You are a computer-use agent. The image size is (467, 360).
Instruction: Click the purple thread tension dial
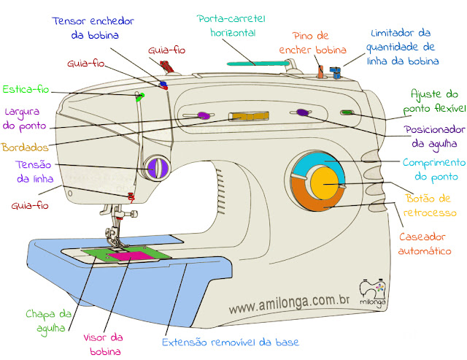pyautogui.click(x=155, y=168)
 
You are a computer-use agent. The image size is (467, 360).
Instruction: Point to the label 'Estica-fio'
pyautogui.click(x=26, y=90)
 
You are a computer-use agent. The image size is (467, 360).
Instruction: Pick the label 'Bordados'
pyautogui.click(x=24, y=147)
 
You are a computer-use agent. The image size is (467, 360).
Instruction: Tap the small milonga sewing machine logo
pyautogui.click(x=371, y=288)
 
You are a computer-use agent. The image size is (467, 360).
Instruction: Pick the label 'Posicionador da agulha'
pyautogui.click(x=433, y=136)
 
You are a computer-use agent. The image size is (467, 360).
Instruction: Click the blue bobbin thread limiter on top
pyautogui.click(x=336, y=72)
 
